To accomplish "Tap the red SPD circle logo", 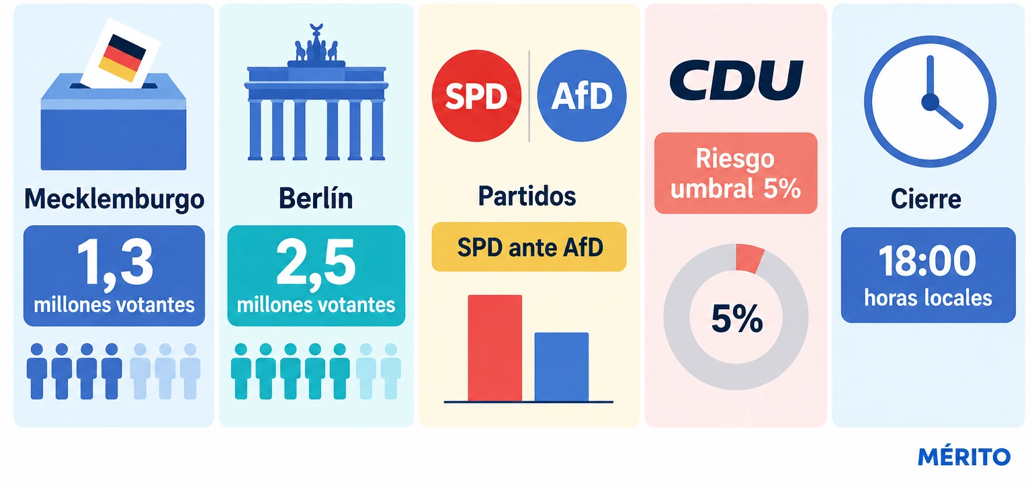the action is click(476, 96).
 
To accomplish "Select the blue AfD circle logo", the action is click(582, 96).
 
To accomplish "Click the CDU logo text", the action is click(736, 80).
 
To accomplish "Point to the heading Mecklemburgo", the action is click(114, 199).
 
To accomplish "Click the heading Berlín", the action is click(316, 198).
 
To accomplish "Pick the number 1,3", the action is click(115, 264).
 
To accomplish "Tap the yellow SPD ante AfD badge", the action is click(529, 247).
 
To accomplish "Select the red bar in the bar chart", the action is click(494, 348).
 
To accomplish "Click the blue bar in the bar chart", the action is click(561, 367).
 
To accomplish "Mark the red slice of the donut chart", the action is click(750, 258).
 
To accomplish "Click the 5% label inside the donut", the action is click(736, 319).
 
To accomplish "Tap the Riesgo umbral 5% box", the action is click(736, 173).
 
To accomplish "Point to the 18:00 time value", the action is click(927, 261).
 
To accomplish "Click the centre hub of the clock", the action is click(930, 102).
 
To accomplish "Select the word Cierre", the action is click(926, 199).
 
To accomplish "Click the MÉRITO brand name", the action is click(964, 456).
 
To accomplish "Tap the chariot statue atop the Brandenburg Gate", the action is click(316, 44).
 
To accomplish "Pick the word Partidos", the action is click(527, 196).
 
